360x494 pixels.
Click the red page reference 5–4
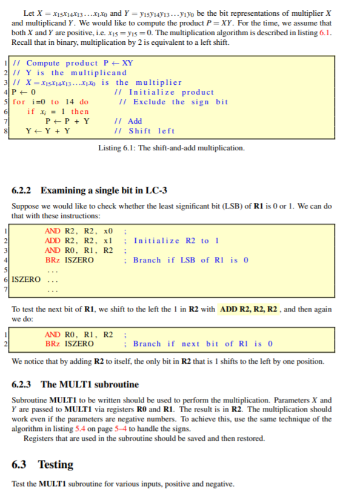[x=136, y=429]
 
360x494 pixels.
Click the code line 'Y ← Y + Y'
[x=47, y=131]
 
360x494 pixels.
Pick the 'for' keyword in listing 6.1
[x=19, y=102]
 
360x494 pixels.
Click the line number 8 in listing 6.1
[x=5, y=131]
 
